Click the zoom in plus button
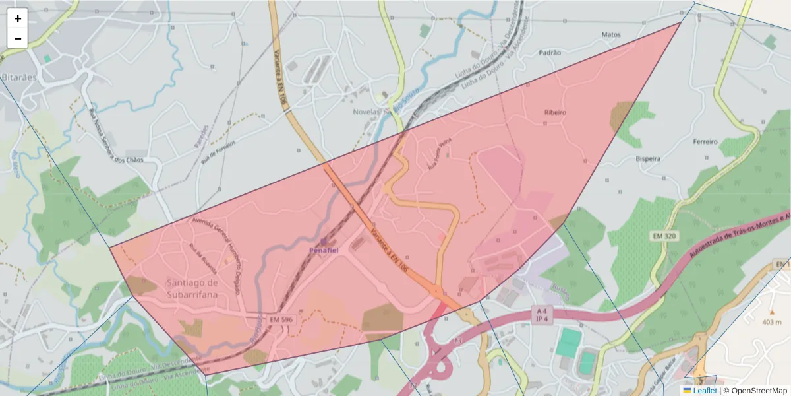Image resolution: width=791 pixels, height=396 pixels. [x=18, y=18]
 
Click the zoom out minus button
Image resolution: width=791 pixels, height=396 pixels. [x=18, y=38]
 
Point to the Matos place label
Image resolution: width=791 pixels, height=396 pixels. [x=611, y=34]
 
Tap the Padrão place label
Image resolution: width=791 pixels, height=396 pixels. [x=550, y=52]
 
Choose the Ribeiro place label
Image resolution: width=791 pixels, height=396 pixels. [x=555, y=112]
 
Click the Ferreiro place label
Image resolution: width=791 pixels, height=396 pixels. [x=705, y=141]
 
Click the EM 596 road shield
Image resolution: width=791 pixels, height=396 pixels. [x=279, y=319]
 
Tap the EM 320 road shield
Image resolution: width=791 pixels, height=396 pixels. [x=664, y=236]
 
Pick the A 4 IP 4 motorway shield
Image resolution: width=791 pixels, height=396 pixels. [x=542, y=314]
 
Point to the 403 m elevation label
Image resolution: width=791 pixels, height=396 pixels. [x=771, y=322]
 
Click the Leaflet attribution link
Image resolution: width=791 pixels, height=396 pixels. [x=704, y=391]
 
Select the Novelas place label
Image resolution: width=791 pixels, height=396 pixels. [x=365, y=112]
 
